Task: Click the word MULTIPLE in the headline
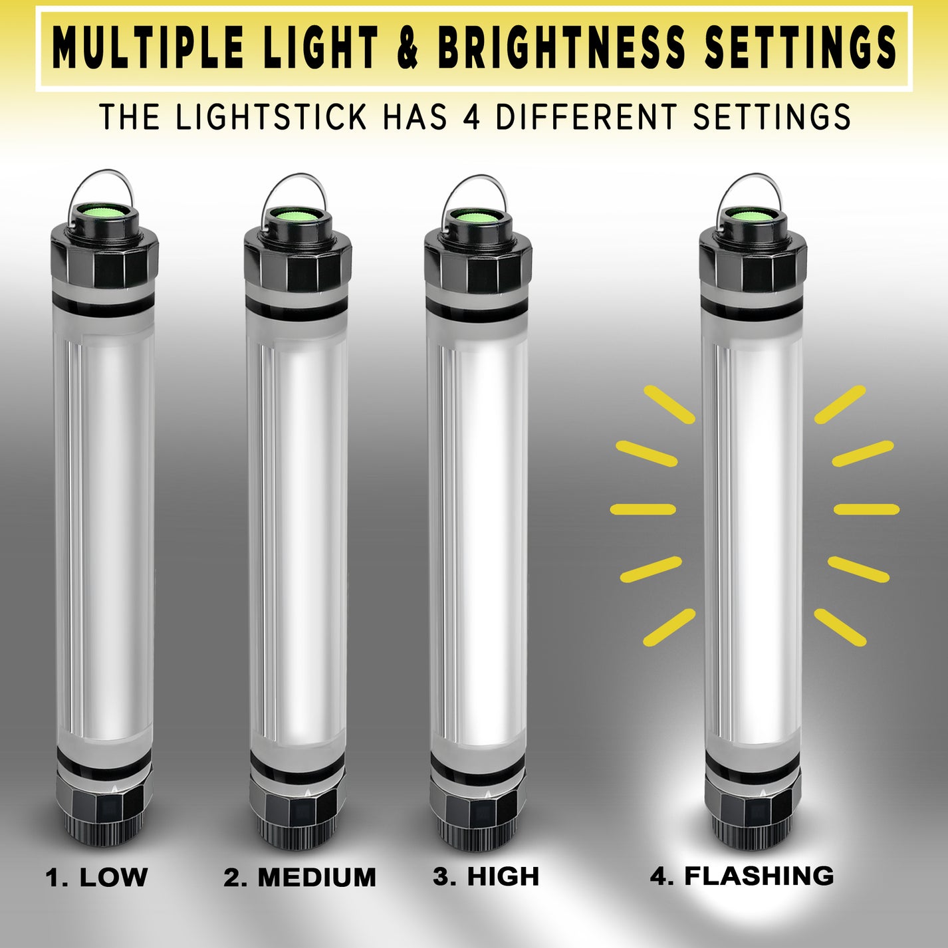click(148, 48)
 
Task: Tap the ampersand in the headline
click(408, 48)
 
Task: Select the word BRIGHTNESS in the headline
click(560, 48)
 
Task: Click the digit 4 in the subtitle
click(471, 118)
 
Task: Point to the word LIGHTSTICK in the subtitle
click(271, 118)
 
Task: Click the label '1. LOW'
click(96, 877)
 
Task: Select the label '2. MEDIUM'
click(300, 877)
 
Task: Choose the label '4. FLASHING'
click(742, 876)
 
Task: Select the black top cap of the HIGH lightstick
click(478, 263)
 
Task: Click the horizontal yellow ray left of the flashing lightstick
click(643, 510)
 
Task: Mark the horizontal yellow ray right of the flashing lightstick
click(866, 510)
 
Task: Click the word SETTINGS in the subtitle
click(771, 118)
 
